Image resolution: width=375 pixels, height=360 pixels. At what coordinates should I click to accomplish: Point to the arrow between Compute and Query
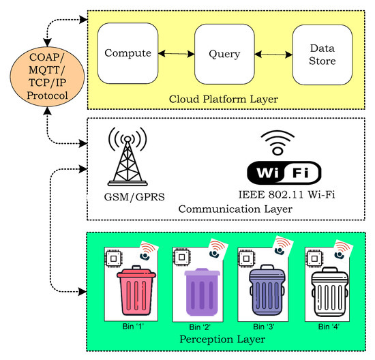coord(176,52)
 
